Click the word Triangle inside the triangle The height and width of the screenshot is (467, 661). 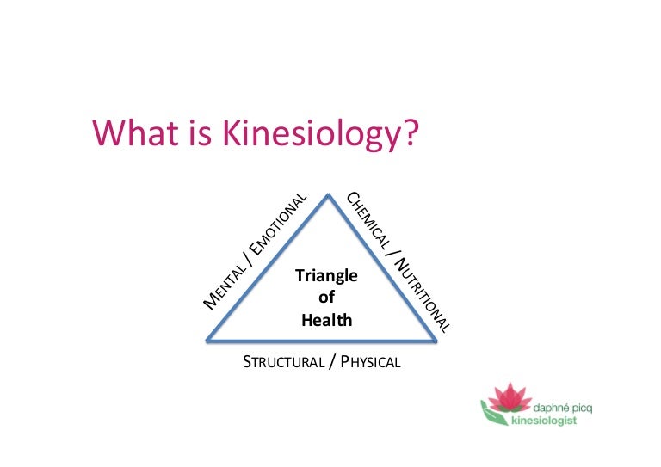[x=326, y=276]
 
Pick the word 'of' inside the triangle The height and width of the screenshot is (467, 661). [x=326, y=298]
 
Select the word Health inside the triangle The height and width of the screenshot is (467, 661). [x=326, y=320]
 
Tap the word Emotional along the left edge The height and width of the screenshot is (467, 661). [x=278, y=222]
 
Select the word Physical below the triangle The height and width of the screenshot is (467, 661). [x=371, y=362]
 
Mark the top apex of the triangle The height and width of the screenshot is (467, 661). [x=326, y=195]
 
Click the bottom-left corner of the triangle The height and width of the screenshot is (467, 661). [x=207, y=341]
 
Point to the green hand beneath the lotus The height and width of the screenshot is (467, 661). [x=497, y=418]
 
